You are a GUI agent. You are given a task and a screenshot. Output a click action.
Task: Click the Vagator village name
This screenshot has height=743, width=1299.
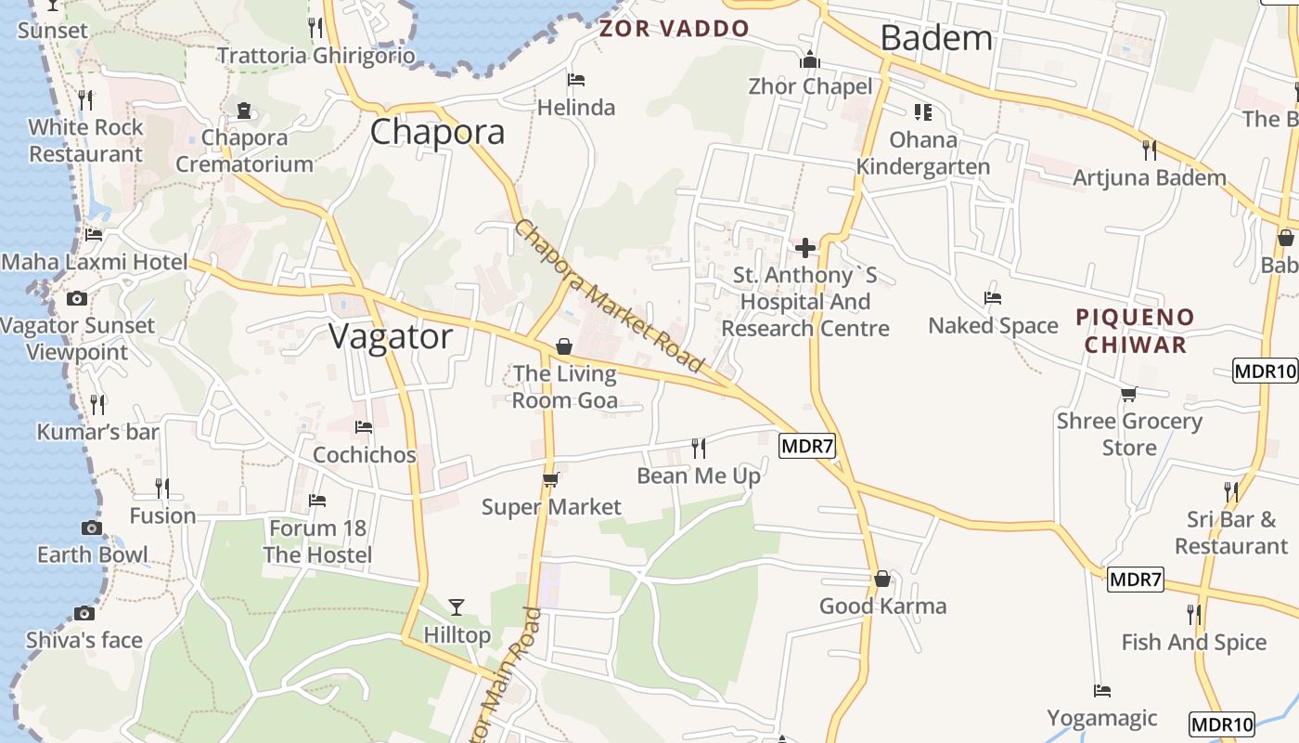pos(391,336)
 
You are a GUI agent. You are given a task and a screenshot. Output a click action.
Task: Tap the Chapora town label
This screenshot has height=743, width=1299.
pos(437,132)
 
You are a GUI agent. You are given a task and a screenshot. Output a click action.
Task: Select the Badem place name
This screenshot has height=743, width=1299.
pos(935,38)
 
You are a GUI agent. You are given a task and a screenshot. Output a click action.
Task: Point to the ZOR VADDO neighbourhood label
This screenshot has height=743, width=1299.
pos(674,28)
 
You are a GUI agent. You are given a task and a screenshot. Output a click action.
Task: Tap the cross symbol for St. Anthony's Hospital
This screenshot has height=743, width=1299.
pos(805,248)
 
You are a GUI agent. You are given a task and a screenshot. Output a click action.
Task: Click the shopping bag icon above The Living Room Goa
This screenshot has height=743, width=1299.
pos(564,346)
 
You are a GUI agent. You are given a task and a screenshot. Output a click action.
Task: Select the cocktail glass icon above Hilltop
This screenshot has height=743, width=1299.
pos(456,607)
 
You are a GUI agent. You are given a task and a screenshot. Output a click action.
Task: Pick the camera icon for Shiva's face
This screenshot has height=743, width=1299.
pos(84,613)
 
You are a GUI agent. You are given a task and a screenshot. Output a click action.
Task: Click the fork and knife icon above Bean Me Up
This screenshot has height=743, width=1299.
pos(699,449)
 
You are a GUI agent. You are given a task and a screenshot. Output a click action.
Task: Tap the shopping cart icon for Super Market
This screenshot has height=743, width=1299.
pos(550,479)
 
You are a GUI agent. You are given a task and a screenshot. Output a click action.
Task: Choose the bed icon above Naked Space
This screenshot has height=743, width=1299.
pos(993,298)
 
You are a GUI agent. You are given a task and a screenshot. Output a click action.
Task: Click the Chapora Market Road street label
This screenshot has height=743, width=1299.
pos(609,295)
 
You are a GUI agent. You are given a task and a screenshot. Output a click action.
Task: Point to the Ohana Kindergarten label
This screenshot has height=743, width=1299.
pos(923,153)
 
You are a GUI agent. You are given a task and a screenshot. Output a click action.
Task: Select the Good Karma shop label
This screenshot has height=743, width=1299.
pos(882,606)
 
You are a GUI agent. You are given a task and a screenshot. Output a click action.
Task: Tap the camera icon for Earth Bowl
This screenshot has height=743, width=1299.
pos(92,528)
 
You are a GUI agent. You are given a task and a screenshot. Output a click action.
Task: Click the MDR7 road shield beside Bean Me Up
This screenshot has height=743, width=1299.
pos(807,446)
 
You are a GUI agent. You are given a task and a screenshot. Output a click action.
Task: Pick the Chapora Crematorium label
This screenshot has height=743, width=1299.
pos(244,151)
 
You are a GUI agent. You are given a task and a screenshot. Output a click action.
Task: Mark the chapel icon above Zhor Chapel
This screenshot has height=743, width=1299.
pos(810,60)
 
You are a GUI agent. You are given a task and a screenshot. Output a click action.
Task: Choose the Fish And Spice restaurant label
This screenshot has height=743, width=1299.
pos(1193,642)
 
